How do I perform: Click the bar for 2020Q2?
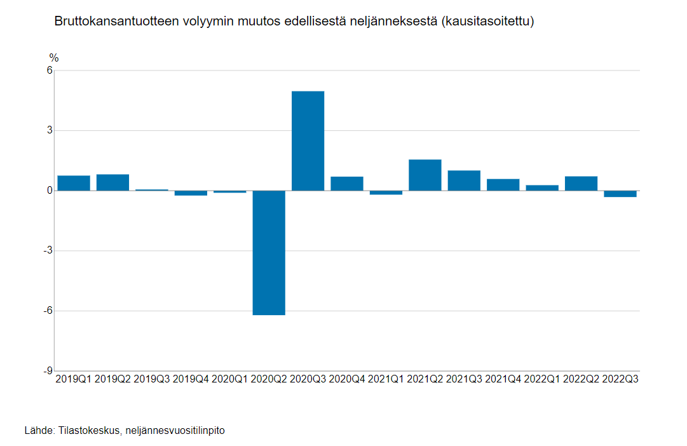click(269, 252)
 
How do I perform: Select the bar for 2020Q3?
click(308, 141)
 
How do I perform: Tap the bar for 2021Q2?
click(425, 175)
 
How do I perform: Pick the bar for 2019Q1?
click(74, 183)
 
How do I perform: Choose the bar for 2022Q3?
click(620, 194)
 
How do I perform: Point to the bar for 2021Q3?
click(464, 180)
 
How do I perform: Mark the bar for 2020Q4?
click(347, 184)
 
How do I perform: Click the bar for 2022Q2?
click(581, 184)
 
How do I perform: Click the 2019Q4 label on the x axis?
click(191, 379)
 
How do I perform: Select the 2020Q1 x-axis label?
click(229, 379)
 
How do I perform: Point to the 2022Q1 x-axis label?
click(542, 379)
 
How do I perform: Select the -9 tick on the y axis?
click(46, 371)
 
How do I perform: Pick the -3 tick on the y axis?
click(46, 251)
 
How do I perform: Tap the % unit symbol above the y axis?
click(54, 58)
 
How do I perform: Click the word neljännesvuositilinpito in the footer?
click(175, 431)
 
